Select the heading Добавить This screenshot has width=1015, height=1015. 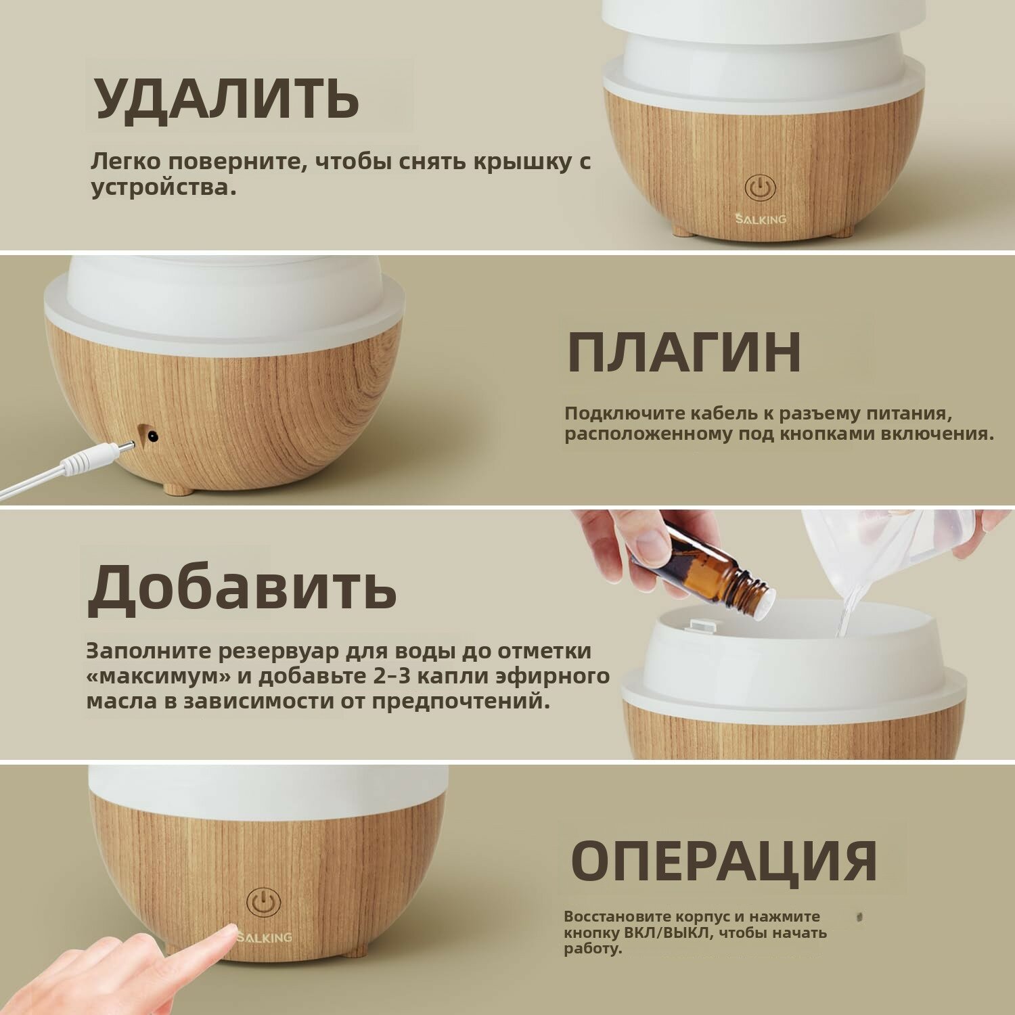[242, 585]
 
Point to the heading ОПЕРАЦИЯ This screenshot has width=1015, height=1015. [724, 859]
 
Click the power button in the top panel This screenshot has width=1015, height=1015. [760, 187]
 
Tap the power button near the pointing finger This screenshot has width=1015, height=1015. [263, 903]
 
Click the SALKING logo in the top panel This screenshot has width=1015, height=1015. [761, 219]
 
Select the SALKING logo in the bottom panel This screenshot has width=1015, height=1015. [265, 937]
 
